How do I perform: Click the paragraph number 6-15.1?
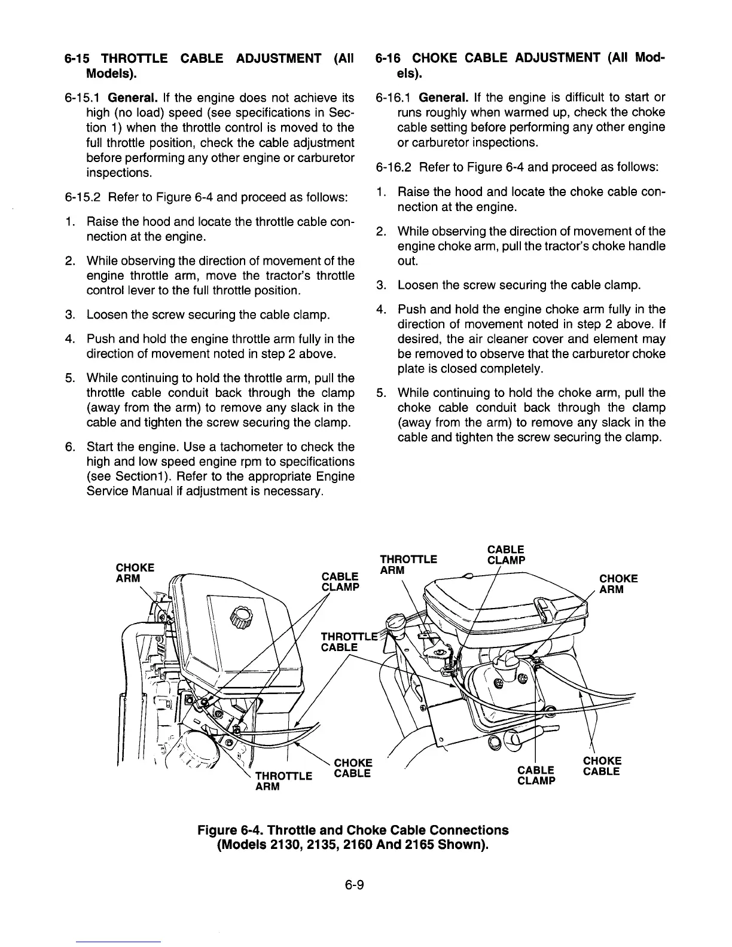pos(82,97)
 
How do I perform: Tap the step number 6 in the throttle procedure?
pos(69,447)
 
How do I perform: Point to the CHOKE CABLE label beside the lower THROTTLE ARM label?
pos(353,768)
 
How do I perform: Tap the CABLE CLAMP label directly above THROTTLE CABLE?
pos(340,581)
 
